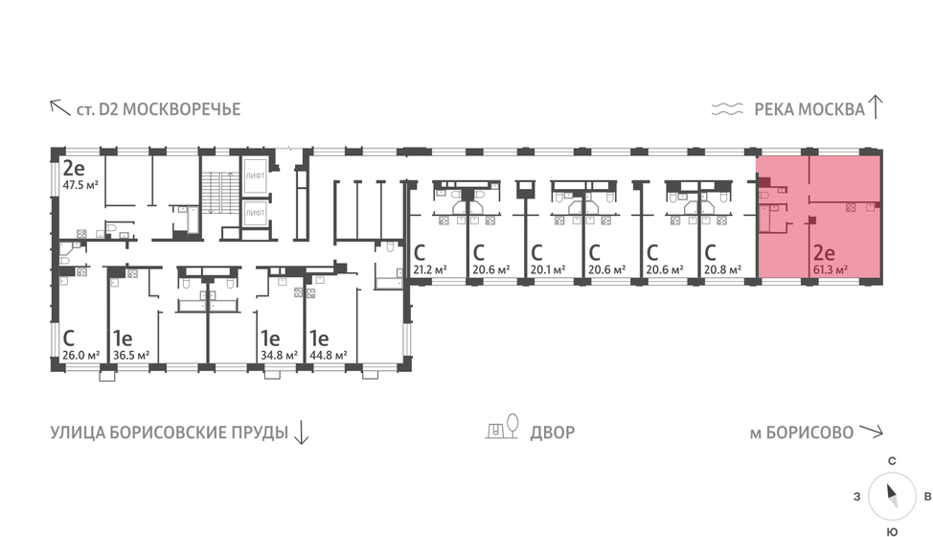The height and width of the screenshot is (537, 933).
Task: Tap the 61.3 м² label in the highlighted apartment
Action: coord(830,271)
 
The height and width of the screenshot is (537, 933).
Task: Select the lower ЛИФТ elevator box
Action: coord(255,212)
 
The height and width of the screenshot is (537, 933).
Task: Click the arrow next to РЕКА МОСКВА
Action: coord(876,106)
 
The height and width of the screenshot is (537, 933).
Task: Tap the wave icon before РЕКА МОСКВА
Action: coord(728,109)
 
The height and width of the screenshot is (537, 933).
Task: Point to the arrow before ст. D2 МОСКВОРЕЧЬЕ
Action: coord(59,107)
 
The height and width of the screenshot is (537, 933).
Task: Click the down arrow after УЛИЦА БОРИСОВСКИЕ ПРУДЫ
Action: coord(301,432)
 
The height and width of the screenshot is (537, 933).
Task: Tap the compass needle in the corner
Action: coord(891,496)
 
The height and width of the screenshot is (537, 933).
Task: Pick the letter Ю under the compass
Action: coord(891,529)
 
